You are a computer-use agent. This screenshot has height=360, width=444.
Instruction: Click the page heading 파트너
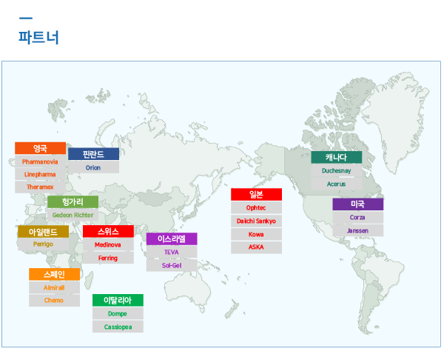click(38, 37)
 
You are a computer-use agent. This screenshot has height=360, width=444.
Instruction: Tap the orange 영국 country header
click(40, 148)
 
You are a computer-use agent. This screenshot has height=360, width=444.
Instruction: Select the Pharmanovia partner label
click(40, 162)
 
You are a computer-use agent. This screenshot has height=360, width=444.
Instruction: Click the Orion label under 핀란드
click(93, 167)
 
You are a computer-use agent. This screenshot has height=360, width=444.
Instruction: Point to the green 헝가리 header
click(73, 201)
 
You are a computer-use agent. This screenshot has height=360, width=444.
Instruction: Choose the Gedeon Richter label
click(73, 215)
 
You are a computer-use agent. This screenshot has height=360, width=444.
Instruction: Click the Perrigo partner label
click(43, 244)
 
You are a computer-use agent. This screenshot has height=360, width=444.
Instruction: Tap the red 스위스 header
click(108, 231)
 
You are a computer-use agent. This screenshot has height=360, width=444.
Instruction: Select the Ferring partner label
click(108, 258)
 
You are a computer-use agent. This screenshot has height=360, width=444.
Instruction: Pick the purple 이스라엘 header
click(172, 239)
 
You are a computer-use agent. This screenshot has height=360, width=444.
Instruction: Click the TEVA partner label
click(172, 253)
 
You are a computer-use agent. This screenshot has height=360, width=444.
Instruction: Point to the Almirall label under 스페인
click(54, 287)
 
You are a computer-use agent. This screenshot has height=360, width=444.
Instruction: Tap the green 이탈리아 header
click(118, 300)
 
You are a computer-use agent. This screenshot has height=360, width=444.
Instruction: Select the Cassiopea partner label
click(118, 327)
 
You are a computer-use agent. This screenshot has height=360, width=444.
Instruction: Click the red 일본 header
click(256, 195)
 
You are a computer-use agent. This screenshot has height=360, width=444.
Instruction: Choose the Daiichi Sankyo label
click(256, 221)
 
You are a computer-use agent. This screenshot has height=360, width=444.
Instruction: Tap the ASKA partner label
click(256, 247)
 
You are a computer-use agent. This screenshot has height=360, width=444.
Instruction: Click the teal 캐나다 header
click(337, 157)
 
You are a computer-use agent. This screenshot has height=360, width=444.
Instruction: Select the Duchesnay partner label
click(337, 170)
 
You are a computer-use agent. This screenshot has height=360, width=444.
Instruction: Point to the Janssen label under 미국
click(358, 230)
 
